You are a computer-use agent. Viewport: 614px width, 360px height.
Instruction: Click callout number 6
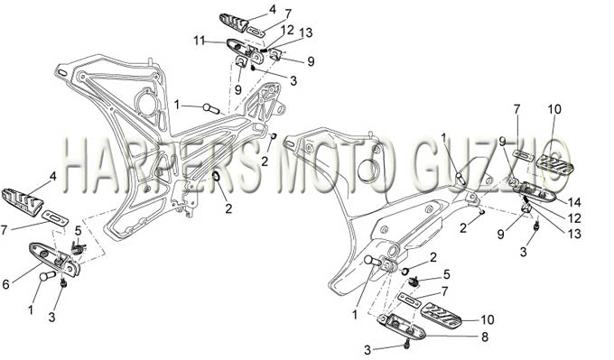(x=5, y=284)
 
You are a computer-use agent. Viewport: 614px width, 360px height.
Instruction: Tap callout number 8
(x=485, y=337)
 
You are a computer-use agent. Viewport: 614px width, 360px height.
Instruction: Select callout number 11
(x=200, y=40)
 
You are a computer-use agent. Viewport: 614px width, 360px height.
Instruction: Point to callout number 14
(x=575, y=202)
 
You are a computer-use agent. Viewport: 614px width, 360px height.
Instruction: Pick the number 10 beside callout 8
(x=487, y=319)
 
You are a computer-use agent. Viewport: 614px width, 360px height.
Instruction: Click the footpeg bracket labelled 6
(x=55, y=259)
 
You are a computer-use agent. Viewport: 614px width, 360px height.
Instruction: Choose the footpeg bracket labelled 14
(x=535, y=191)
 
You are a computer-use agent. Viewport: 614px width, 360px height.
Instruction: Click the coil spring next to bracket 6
(x=79, y=248)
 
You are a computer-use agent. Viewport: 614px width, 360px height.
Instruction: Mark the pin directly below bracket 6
(x=48, y=276)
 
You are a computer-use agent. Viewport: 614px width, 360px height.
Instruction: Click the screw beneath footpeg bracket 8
(x=407, y=345)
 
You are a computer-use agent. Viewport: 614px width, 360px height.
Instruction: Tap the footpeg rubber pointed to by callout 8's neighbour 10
(x=442, y=315)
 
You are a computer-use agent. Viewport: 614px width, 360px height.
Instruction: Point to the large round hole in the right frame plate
(x=368, y=167)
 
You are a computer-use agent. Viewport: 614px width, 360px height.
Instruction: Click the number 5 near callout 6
(x=78, y=230)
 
